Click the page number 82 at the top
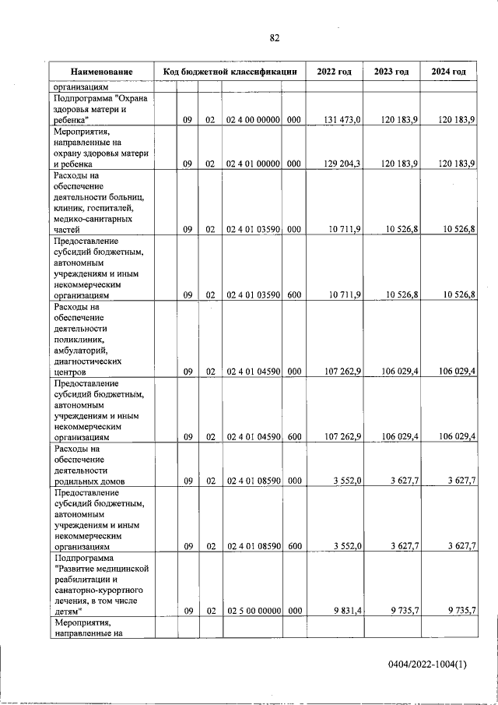pyautogui.click(x=274, y=37)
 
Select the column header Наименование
pyautogui.click(x=101, y=72)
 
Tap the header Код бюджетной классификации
pyautogui.click(x=230, y=72)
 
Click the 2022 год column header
pyautogui.click(x=334, y=72)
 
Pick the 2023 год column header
pyautogui.click(x=391, y=72)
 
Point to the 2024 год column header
pyautogui.click(x=449, y=72)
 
